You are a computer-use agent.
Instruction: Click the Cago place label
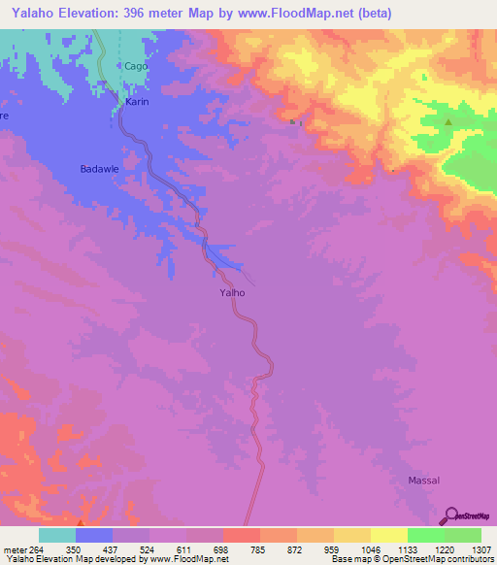(136, 66)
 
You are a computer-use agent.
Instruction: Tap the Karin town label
(136, 101)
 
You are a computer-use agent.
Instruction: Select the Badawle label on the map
(99, 168)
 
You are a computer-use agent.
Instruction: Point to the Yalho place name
(232, 291)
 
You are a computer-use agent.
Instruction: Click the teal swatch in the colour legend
(57, 535)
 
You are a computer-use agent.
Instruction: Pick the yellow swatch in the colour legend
(388, 535)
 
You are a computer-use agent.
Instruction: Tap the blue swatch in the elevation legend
(94, 535)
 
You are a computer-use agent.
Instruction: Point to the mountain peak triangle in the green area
(448, 122)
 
